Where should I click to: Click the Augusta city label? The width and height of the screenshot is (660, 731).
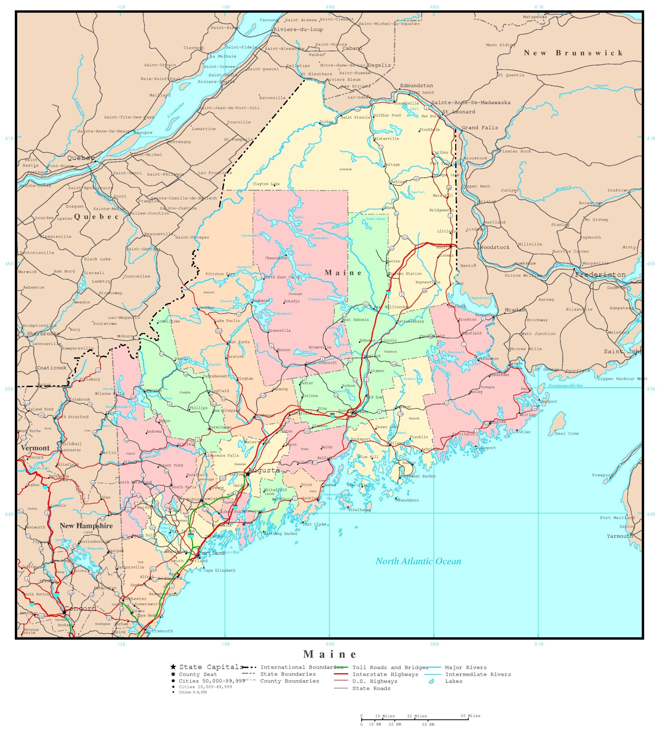coord(264,470)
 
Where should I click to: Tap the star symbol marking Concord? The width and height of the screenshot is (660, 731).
coord(64,612)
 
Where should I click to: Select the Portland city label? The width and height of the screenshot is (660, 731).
coord(212,553)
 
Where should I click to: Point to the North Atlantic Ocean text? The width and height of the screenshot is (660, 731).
coord(418,561)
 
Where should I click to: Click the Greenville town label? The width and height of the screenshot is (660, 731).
coord(279,330)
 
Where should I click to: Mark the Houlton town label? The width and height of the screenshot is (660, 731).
coord(443,247)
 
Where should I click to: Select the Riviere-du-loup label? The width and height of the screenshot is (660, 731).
coord(298,29)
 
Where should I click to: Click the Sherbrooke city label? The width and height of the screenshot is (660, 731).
coord(43,334)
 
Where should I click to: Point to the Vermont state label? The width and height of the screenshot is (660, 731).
coord(35,448)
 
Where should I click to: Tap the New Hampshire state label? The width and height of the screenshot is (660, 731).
coord(86,525)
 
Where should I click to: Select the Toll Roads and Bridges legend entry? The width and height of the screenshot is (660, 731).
coord(390,667)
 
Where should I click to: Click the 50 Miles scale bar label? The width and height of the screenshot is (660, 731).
coord(470,716)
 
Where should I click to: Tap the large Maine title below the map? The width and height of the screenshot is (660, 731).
coord(329,654)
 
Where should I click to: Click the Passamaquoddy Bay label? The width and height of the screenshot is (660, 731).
coord(566,385)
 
